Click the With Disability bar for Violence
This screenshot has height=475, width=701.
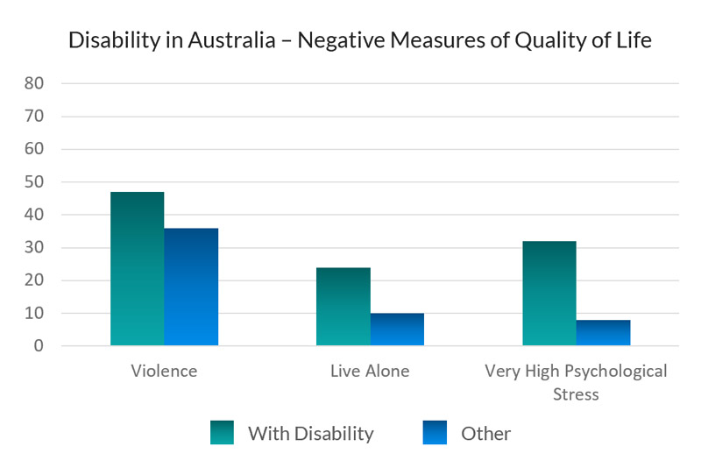pos(137,269)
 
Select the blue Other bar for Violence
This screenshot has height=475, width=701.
pos(191,287)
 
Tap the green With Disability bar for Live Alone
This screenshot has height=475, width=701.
pos(343,307)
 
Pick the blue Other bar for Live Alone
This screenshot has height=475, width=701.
pos(397,330)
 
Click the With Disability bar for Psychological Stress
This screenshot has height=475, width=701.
pos(549,294)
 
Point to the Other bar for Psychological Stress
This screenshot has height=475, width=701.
pos(603,333)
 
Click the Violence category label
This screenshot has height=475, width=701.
pos(164,371)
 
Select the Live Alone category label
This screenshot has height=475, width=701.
pos(370,371)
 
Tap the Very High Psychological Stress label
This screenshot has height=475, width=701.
pos(576,382)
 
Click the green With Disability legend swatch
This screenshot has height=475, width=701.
pos(222,433)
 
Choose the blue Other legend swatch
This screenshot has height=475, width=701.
pos(434,433)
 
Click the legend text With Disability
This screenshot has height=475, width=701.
pos(310,433)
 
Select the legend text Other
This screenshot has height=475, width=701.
pos(485,433)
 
